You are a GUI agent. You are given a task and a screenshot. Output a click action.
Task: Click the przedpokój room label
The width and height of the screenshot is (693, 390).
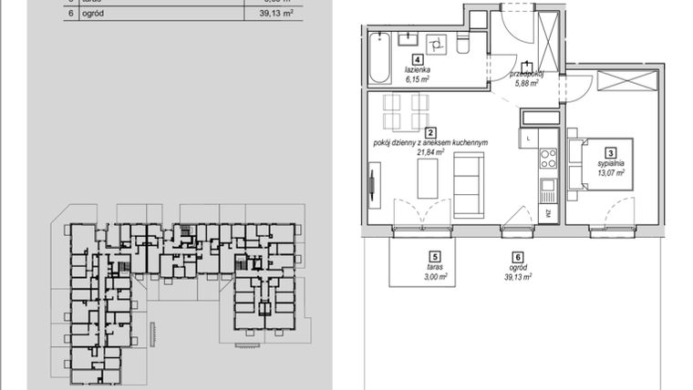coord(527,73)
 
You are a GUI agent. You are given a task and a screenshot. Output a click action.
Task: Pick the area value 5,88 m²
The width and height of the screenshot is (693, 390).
coord(526,83)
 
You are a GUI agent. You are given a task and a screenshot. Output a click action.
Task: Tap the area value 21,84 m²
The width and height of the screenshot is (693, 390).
coord(429,153)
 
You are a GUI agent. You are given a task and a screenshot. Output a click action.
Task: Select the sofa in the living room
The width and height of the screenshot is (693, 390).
coord(470,186)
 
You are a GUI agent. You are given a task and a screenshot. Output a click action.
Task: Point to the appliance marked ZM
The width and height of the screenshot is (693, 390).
coord(549,213)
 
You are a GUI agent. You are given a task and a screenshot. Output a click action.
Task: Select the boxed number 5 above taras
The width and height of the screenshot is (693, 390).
coord(435,258)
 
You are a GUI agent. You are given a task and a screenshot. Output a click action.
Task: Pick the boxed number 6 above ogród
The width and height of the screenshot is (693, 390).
coord(517,258)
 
